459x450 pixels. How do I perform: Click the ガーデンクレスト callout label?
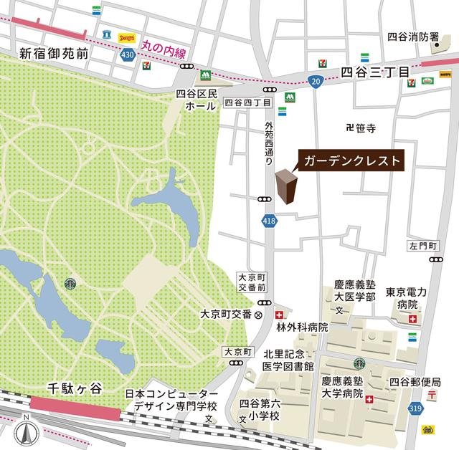coord(351,161)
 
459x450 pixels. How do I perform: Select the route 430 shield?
coord(128,54)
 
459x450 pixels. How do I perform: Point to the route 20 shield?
coord(316,82)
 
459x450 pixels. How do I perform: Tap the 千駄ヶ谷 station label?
coord(75,388)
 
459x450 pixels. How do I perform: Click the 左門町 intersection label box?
coord(423,246)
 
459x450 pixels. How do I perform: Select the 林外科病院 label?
coord(302,327)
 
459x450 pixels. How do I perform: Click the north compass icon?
coord(27,432)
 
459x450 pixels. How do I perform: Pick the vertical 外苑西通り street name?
coord(270,139)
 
